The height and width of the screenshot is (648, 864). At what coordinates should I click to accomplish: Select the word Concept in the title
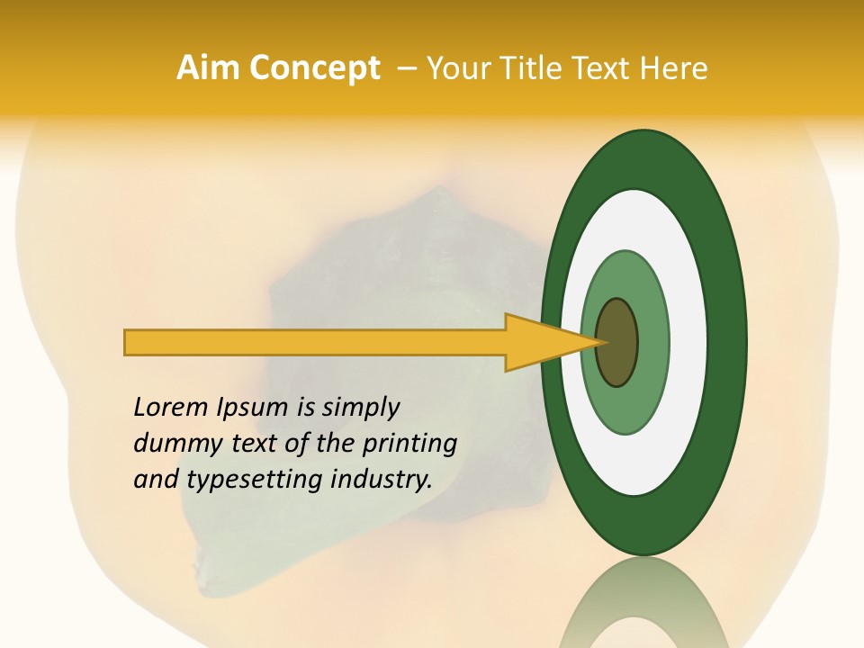[x=315, y=68]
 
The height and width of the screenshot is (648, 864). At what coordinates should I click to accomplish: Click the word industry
[x=382, y=480]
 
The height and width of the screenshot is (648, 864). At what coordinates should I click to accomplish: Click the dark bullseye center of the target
[x=617, y=343]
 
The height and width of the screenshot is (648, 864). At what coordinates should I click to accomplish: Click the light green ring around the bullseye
[x=652, y=343]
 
